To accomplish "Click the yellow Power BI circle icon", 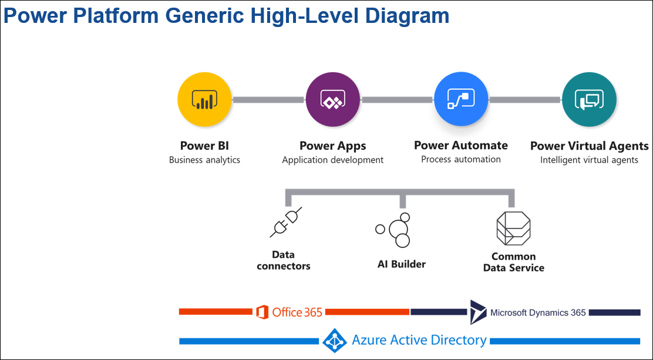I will pyautogui.click(x=205, y=100).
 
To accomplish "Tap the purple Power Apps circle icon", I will pyautogui.click(x=333, y=100).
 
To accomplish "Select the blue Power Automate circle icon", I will pyautogui.click(x=461, y=100).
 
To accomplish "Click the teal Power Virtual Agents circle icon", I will pyautogui.click(x=589, y=100).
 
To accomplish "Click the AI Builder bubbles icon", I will pyautogui.click(x=394, y=229).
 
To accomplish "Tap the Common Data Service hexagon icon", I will pyautogui.click(x=513, y=228).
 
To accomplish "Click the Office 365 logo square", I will pyautogui.click(x=262, y=312).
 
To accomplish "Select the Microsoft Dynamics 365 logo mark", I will pyautogui.click(x=477, y=312).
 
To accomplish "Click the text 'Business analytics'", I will pyautogui.click(x=204, y=160).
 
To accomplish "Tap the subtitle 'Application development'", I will pyautogui.click(x=332, y=160).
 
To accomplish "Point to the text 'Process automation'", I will pyautogui.click(x=461, y=159).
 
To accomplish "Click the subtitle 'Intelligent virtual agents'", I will pyautogui.click(x=589, y=160).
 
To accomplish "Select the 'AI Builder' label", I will pyautogui.click(x=402, y=264).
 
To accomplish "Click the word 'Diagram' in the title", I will pyautogui.click(x=406, y=16).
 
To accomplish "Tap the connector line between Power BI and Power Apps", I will pyautogui.click(x=269, y=100).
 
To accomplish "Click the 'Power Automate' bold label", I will pyautogui.click(x=461, y=145).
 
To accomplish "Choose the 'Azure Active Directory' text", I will pyautogui.click(x=419, y=340).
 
